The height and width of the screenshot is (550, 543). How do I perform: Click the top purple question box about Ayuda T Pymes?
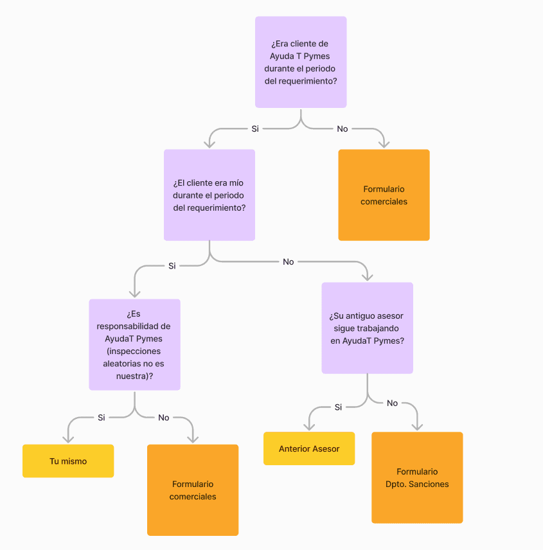[x=301, y=62]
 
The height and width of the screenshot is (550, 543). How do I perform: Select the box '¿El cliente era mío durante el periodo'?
[x=209, y=195]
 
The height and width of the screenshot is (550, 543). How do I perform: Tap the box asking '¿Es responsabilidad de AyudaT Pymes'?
[x=134, y=344]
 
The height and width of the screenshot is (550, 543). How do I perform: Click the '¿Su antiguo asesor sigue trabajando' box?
[x=367, y=328]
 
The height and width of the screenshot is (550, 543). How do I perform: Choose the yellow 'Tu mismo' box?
[x=68, y=461]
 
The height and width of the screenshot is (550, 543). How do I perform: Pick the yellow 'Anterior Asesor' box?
[x=309, y=448]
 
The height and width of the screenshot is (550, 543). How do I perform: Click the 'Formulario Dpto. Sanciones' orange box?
[x=417, y=477]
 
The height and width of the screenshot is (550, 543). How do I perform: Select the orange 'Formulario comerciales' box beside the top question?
[x=384, y=195]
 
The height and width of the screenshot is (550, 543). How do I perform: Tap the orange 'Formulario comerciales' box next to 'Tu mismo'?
[x=193, y=490]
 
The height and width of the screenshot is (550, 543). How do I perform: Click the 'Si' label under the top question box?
[x=255, y=129]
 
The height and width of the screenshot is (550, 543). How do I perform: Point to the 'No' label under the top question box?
[x=343, y=129]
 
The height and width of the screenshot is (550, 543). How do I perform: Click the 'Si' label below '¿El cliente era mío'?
[x=172, y=265]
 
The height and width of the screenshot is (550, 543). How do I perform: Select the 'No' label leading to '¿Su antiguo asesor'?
[x=288, y=262]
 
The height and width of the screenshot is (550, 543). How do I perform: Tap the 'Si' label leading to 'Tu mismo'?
[x=101, y=417]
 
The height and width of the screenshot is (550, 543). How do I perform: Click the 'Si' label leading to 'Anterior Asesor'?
[x=338, y=407]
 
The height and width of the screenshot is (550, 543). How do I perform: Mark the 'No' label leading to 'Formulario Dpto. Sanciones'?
[x=392, y=403]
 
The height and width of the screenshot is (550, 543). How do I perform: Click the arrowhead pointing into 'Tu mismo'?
[x=67, y=439]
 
